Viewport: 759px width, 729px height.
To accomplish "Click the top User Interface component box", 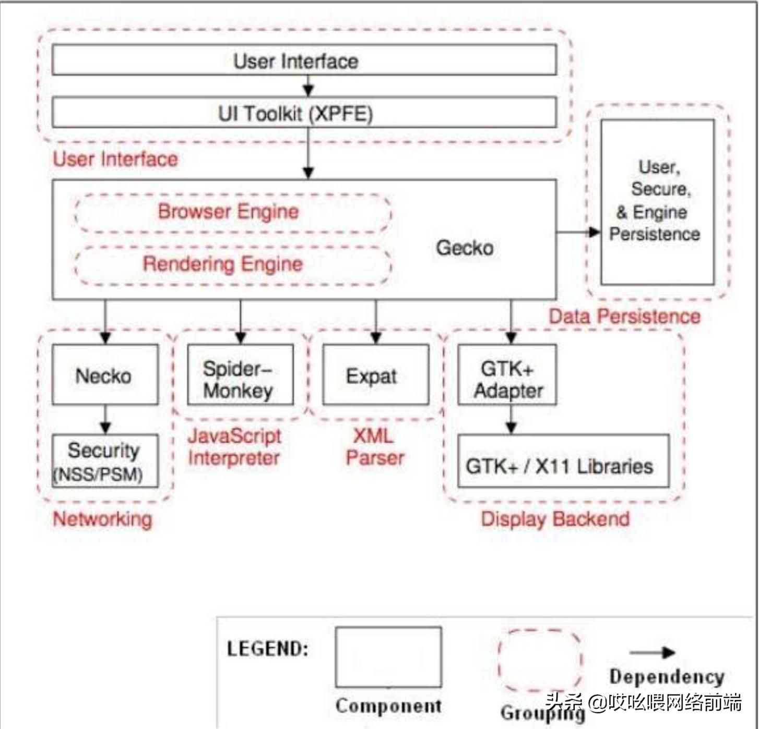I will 304,60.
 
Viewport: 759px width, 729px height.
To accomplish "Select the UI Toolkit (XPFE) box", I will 304,113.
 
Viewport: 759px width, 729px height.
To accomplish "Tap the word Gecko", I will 465,248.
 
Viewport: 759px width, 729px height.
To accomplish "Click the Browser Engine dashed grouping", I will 233,212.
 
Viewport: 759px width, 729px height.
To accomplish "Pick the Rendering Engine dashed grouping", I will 233,264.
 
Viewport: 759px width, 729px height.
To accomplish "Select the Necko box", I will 105,374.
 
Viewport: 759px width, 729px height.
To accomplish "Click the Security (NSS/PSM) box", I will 105,461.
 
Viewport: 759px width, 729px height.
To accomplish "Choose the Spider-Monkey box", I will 240,374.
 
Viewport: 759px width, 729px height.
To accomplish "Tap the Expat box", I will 375,374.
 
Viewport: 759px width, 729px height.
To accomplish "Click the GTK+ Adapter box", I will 507,374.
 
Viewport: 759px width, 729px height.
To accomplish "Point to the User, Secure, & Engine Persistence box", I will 657,202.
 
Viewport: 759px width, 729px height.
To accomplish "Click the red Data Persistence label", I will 624,317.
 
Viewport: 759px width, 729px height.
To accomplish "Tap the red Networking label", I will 103,519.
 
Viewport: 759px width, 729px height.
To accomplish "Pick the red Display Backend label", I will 555,519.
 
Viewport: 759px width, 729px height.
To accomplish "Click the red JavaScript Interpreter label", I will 234,447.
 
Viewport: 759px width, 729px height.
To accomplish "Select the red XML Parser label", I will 375,447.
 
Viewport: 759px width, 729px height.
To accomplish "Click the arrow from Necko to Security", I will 105,419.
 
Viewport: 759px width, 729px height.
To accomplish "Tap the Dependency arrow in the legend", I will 653,652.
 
